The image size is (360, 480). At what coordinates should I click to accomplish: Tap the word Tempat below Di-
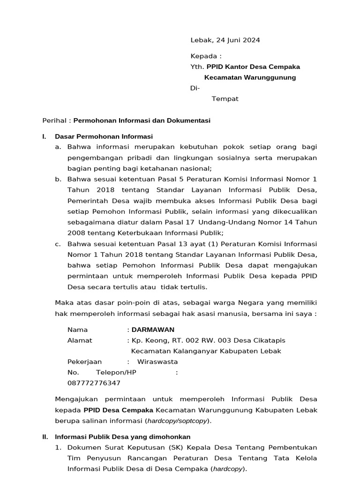coord(225,99)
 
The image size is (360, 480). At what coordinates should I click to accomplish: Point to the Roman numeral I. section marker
coord(44,137)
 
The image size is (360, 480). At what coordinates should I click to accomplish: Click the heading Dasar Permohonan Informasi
coord(104,137)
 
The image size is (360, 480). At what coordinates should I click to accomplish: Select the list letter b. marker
coord(58,179)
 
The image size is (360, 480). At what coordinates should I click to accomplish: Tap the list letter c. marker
coord(58,244)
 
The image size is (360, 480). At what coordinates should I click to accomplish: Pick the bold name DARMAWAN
coord(153,330)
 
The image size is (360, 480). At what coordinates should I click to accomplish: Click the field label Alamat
coord(80,340)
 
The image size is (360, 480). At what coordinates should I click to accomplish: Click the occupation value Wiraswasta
coord(157,362)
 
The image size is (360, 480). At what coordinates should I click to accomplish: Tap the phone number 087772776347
coord(94,383)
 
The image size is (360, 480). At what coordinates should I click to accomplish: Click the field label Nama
coord(77,330)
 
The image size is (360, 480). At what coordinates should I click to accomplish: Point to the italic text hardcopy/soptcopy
coord(177,421)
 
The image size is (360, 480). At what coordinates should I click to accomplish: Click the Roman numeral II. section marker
coord(45,437)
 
